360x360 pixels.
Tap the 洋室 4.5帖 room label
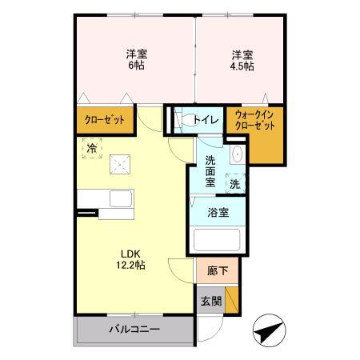point(243,60)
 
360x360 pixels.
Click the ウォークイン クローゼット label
point(254,121)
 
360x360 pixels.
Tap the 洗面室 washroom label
point(210,170)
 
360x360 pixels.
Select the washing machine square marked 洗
point(235,182)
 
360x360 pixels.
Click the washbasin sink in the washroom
point(237,155)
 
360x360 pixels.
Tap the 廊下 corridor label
point(217,271)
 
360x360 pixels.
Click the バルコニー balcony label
point(134,330)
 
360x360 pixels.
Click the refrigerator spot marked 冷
point(92,147)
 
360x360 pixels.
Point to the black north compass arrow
point(270,329)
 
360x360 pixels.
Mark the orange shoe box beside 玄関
point(231,300)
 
